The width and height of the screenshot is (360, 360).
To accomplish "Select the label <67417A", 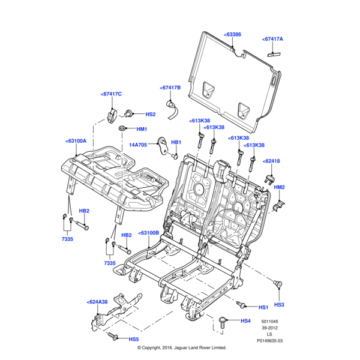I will tap(272, 40).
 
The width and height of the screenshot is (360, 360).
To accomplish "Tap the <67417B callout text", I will tap(170, 88).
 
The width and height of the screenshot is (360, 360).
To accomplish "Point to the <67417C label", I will tap(111, 94).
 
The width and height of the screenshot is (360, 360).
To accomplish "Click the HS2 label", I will tap(150, 114).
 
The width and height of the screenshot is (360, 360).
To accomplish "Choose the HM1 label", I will tap(142, 129).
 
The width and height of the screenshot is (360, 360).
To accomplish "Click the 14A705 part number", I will tap(139, 145).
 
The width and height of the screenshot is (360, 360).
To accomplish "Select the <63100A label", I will tap(76, 142).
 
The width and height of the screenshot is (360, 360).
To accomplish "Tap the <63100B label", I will tap(148, 232).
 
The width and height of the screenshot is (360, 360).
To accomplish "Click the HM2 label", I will tap(279, 188).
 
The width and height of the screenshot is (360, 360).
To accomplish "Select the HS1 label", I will tap(263, 307).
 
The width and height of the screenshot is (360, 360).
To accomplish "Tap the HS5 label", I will tap(133, 339).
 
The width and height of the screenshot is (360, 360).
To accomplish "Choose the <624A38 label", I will tap(97, 302).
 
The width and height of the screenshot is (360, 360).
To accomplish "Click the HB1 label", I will tap(176, 142).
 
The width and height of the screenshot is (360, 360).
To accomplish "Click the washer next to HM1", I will tap(124, 129).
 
